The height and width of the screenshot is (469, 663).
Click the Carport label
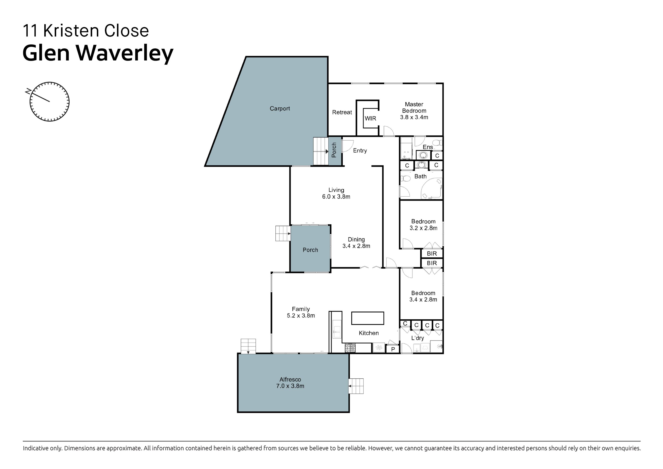pos(279,108)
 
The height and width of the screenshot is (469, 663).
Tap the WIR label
pos(371,118)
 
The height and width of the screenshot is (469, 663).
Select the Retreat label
pos(342,112)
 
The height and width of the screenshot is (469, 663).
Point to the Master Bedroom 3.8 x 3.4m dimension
pos(414,117)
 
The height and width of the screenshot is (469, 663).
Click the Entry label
pos(360,150)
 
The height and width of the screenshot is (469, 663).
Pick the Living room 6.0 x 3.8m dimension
pos(336,197)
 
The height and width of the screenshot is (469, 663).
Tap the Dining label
pos(356,239)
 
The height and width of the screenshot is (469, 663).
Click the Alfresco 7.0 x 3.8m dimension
pos(290,386)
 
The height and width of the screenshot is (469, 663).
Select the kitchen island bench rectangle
pos(367,318)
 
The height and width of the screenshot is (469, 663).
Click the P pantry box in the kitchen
pos(393,349)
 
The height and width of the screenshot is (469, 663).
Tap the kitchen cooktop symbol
pos(350,348)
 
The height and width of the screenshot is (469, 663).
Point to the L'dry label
pos(417,338)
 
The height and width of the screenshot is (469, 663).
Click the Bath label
pos(421,176)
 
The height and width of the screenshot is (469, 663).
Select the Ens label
pos(428,147)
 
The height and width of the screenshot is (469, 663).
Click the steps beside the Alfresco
pos(356,386)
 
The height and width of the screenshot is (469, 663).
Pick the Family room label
pos(301,309)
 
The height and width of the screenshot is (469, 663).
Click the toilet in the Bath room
pos(405,178)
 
